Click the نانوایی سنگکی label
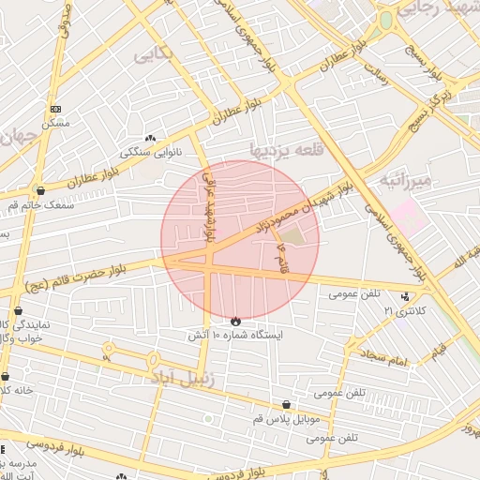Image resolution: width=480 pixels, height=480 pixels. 148,152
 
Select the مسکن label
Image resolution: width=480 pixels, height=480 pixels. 55,123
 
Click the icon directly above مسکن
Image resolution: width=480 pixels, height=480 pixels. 55,110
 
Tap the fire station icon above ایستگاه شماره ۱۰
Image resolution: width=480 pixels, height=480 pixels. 235,321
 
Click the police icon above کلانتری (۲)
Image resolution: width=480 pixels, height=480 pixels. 406,296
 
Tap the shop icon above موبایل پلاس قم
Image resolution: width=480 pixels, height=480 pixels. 286,404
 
